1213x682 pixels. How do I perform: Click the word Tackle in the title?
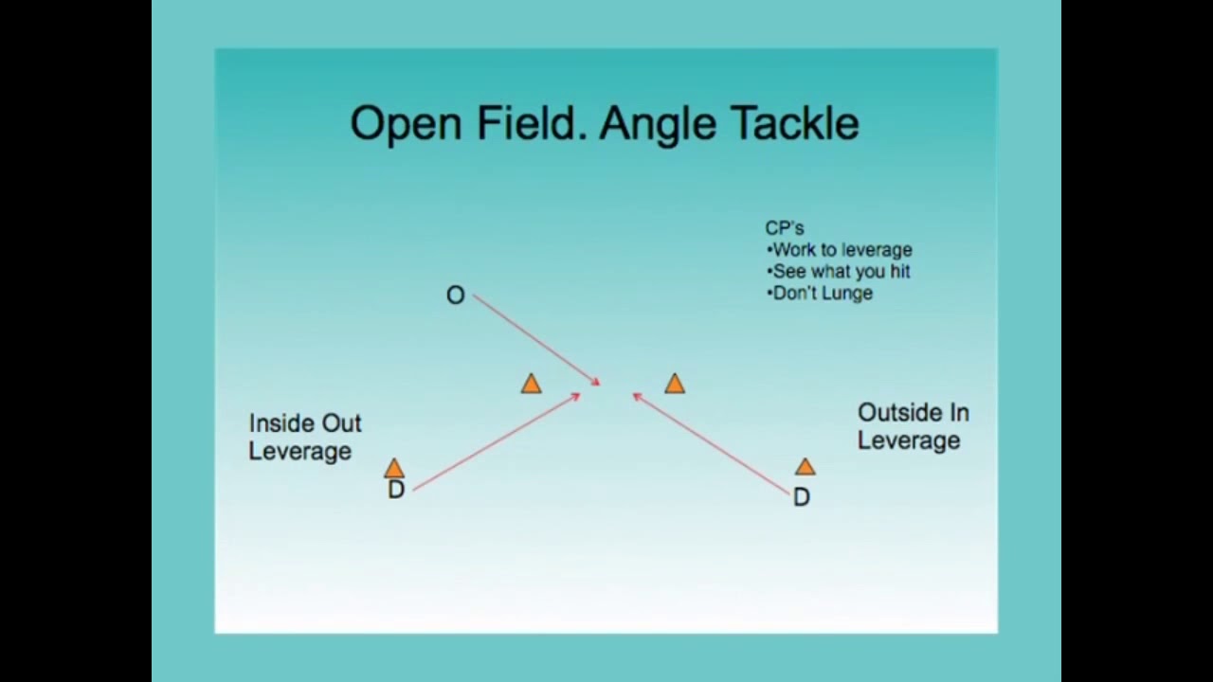[x=794, y=124]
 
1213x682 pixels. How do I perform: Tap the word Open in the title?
[x=407, y=124]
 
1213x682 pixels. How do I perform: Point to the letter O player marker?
[x=455, y=296]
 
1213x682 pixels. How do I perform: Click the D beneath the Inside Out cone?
[x=396, y=490]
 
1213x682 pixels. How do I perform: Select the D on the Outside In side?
[x=801, y=497]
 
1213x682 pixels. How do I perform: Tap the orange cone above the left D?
[x=394, y=468]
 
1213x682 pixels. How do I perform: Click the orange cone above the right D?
[x=805, y=466]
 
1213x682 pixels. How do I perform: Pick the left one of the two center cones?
[x=531, y=384]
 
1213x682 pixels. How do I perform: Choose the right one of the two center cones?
[x=674, y=384]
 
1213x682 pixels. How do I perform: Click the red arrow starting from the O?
[x=535, y=339]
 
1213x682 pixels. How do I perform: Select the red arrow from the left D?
[x=496, y=442]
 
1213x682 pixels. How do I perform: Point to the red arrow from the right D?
[x=711, y=445]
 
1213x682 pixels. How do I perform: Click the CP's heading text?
[x=785, y=228]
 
